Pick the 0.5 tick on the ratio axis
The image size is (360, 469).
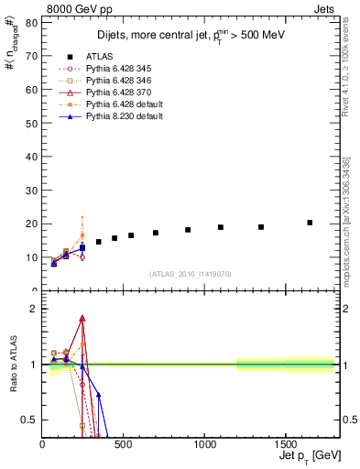tap(29, 420)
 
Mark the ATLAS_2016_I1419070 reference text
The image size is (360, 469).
tap(191, 273)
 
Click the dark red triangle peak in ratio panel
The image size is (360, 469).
tap(82, 318)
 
